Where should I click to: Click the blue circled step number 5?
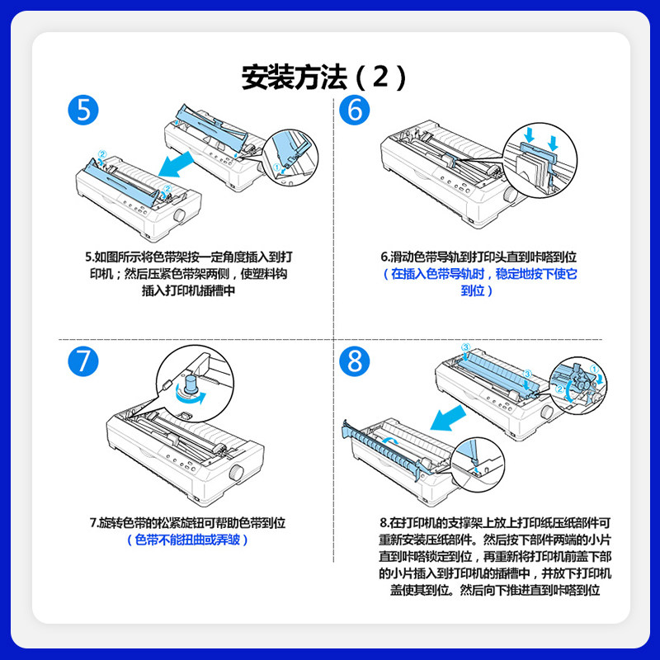(83, 110)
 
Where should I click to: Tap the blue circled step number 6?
(354, 110)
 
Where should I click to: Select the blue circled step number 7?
(83, 362)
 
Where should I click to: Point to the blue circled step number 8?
(354, 362)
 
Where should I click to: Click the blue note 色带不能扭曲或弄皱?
(189, 540)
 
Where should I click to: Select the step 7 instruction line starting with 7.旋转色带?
(189, 522)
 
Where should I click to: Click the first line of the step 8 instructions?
(495, 522)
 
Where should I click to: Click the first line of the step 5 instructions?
(189, 257)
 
